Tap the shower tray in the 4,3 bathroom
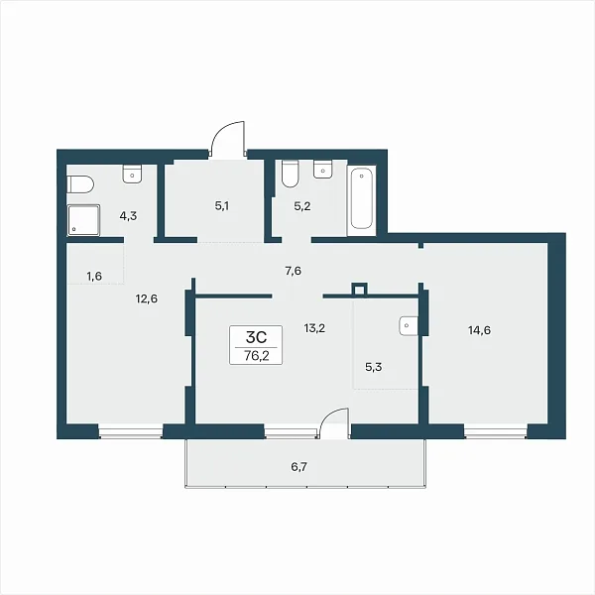[83, 220]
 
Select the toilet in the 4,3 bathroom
[80, 184]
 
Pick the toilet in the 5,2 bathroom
[291, 174]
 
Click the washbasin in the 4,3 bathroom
[133, 174]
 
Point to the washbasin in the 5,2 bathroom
[323, 169]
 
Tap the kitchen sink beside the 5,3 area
[409, 325]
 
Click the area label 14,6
[479, 330]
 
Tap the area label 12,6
[147, 299]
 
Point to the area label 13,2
[314, 328]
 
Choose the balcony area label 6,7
[299, 467]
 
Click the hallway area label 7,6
[294, 271]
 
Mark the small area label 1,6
[94, 277]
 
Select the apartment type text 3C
[257, 336]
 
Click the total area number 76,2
[257, 356]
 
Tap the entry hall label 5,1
[222, 206]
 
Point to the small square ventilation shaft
[359, 290]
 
